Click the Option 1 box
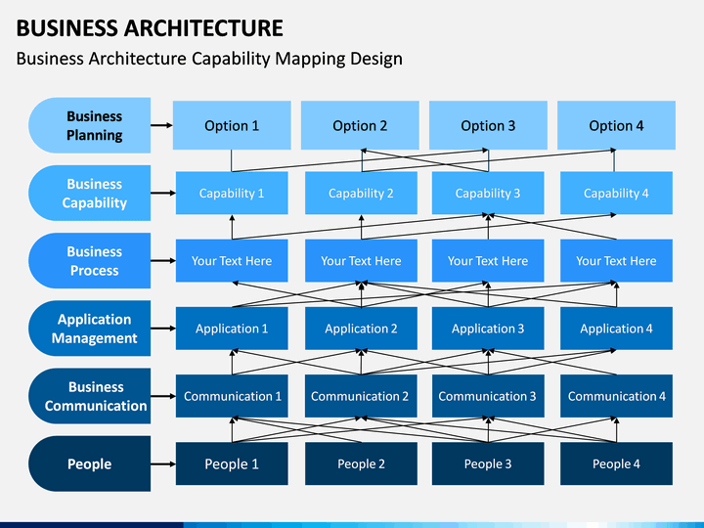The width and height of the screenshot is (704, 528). click(232, 125)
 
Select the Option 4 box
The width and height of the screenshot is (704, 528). click(616, 125)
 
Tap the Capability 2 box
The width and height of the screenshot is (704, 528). click(361, 193)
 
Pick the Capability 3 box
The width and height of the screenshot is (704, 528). click(488, 193)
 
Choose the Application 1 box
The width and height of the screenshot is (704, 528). click(232, 329)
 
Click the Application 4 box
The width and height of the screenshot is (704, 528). click(616, 329)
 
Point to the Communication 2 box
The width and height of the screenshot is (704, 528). click(361, 396)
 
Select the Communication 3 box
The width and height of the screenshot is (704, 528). click(488, 396)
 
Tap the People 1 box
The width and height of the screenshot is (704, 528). click(232, 463)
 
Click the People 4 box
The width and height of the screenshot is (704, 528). click(616, 463)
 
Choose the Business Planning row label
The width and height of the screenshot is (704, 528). click(90, 125)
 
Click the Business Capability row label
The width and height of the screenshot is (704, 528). click(90, 193)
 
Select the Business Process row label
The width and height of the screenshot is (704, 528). click(90, 261)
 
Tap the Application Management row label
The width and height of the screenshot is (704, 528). click(90, 329)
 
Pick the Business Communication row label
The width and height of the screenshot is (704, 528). click(90, 396)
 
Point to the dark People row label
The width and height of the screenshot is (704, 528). click(90, 463)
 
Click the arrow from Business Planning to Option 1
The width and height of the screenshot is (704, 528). click(161, 125)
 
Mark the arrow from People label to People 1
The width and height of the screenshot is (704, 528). click(163, 463)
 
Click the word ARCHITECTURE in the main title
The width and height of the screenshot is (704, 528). click(203, 27)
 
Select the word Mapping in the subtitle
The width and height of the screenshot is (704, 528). click(310, 60)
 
